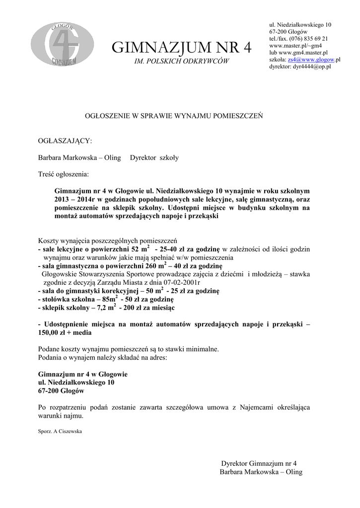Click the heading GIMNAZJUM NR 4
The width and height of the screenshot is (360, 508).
182,48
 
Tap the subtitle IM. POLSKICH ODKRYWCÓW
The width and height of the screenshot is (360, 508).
182,61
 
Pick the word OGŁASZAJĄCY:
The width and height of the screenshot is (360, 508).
65,141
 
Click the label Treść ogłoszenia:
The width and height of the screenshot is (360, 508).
64,174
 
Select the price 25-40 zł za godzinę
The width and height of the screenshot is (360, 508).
190,249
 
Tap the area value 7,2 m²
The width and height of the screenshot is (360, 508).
104,308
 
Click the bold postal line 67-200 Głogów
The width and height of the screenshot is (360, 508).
61,391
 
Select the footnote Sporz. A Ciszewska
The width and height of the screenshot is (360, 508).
60,431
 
